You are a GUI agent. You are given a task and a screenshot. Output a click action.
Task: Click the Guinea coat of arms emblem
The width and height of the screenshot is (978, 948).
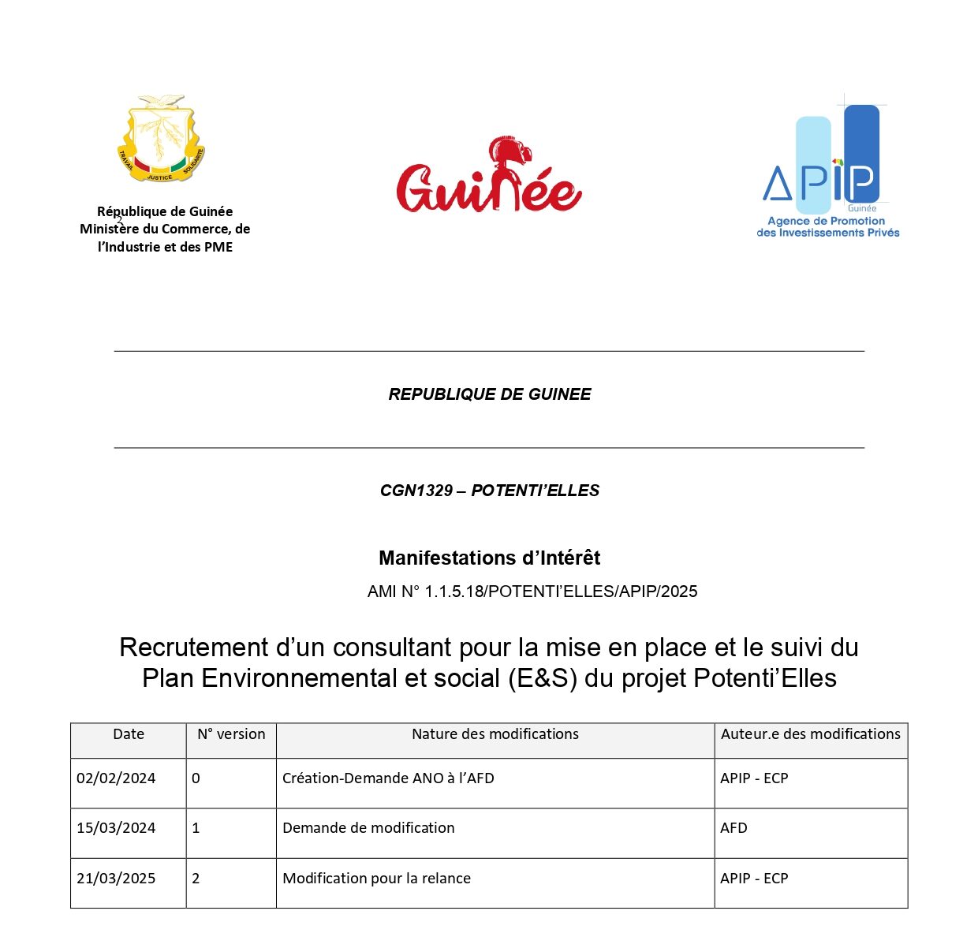point(161,139)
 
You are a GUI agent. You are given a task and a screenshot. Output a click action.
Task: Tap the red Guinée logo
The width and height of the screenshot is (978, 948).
point(489,177)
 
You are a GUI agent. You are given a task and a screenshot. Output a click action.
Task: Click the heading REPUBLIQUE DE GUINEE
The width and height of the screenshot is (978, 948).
point(489,394)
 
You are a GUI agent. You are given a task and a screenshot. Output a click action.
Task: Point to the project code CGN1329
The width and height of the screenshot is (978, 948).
point(416,491)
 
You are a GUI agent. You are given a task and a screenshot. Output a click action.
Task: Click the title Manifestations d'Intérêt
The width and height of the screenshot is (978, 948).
point(489,558)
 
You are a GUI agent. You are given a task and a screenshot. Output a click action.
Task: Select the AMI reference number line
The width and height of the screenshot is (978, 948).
point(532,592)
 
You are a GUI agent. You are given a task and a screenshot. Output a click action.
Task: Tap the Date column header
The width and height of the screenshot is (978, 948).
point(129,734)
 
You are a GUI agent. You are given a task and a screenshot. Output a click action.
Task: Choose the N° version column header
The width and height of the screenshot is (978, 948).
point(231,734)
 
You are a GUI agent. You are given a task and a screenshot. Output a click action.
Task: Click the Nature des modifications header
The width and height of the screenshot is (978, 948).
point(495,734)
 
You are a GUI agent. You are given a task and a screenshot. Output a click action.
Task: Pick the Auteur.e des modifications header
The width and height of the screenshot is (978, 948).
point(810,734)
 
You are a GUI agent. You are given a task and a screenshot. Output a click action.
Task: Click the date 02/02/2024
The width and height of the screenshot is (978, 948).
point(116,778)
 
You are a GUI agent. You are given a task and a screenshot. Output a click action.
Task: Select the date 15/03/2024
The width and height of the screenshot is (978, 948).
point(116,828)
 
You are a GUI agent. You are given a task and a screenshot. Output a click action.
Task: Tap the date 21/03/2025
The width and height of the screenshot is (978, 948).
point(116,879)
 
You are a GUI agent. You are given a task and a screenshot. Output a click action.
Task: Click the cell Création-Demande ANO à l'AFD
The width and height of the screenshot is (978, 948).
point(388,778)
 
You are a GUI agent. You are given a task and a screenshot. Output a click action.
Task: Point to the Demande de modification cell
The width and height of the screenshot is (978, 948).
point(368,828)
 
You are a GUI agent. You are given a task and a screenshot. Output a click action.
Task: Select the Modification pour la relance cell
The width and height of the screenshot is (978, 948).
point(376,879)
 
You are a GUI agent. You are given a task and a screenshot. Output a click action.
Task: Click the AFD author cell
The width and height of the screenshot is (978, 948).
point(733,828)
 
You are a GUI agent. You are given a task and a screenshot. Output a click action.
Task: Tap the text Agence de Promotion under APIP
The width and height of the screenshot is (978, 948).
point(826,221)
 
